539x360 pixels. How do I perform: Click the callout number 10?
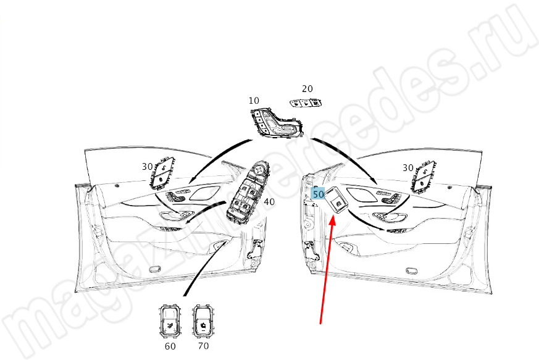(x=254, y=101)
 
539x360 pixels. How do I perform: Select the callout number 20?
(x=307, y=89)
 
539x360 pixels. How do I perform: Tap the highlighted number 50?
(x=318, y=195)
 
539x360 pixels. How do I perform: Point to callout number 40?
(x=269, y=201)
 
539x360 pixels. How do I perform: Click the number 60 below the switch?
(x=170, y=346)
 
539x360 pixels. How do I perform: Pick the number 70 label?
(x=204, y=346)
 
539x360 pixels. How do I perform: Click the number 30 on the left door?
(x=147, y=167)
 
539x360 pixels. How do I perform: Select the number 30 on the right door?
(x=407, y=168)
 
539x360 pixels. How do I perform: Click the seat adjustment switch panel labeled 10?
(x=276, y=123)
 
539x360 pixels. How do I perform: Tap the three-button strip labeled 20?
(x=306, y=103)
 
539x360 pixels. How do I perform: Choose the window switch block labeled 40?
(x=248, y=193)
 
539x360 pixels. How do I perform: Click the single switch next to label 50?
(x=336, y=201)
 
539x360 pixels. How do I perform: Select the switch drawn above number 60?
(x=169, y=321)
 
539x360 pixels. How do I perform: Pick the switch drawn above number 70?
(x=203, y=320)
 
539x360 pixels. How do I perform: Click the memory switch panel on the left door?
(x=162, y=173)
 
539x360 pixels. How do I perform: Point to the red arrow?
(x=326, y=269)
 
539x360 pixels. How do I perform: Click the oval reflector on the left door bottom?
(x=156, y=269)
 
